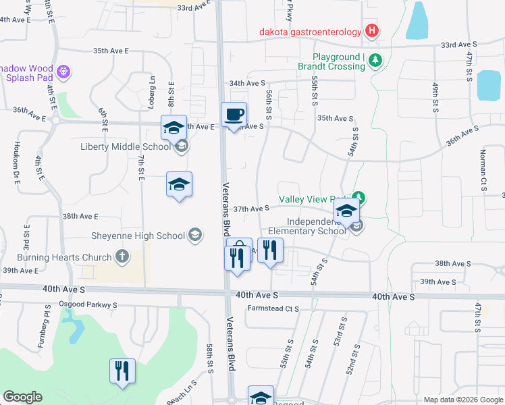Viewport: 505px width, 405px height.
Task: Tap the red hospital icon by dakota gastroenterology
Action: click(x=371, y=30)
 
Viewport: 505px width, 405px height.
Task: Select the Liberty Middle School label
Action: click(x=126, y=146)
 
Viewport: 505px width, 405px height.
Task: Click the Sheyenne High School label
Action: click(x=138, y=236)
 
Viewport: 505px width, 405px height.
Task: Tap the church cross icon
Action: click(x=122, y=256)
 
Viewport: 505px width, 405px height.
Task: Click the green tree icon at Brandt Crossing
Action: click(x=376, y=62)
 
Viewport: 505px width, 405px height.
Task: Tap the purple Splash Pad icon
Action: click(x=64, y=70)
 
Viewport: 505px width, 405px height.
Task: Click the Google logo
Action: click(x=22, y=397)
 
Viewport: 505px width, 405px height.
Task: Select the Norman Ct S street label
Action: click(x=483, y=170)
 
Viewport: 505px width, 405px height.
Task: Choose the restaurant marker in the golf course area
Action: click(x=123, y=371)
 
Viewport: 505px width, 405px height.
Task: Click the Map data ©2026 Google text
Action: click(x=462, y=400)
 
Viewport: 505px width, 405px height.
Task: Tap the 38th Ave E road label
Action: click(x=80, y=217)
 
